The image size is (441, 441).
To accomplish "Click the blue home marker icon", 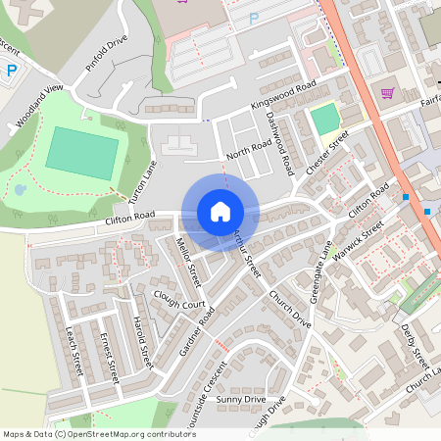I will point(220,212).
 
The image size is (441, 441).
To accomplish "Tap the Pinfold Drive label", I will point(107,56).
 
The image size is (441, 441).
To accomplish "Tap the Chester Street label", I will point(327,153).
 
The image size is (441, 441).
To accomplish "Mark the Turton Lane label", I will point(143,182).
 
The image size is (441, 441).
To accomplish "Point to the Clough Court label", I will point(179,299).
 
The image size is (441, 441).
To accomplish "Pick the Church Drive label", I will point(289,310).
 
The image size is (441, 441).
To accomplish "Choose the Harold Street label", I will point(143,343).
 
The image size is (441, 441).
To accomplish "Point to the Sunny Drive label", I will point(241,400).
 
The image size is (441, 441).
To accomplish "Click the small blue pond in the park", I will point(21,189).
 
